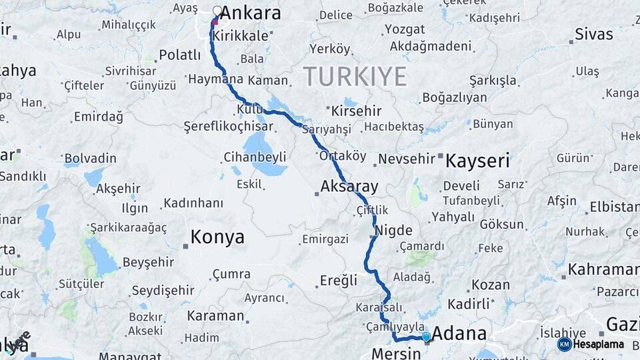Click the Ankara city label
250,13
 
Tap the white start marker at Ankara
217,11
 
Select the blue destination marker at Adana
426,337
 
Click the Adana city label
459,333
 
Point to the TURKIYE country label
355,77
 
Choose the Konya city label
217,237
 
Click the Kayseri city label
477,160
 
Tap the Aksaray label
349,186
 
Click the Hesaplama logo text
599,345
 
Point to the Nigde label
393,231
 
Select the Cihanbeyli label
255,157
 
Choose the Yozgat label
399,30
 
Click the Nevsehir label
406,160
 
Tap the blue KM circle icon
564,345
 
